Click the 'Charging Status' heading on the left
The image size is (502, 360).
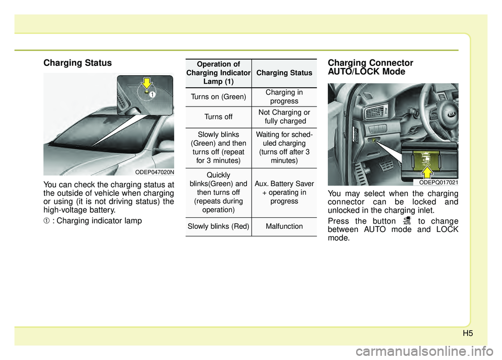coord(77,63)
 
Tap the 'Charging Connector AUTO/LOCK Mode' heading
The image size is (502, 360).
coord(370,67)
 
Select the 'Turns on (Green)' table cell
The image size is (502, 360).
coord(219,97)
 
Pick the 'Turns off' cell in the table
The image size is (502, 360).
coord(219,117)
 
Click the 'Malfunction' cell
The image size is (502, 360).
coord(284,226)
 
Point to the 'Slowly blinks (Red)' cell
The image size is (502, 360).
coord(219,226)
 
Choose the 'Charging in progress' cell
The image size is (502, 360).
coord(284,97)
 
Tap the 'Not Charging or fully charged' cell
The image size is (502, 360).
coord(284,117)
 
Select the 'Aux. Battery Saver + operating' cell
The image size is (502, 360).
coord(284,192)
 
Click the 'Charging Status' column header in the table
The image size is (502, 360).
coord(284,73)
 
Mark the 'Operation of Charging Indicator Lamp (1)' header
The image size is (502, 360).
coord(219,73)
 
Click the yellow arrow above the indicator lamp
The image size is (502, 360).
coord(146,83)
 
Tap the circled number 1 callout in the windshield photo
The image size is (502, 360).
coord(152,95)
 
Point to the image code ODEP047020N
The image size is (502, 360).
coord(154,172)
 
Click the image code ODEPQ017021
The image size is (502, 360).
coord(439,182)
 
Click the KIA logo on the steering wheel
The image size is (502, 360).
coord(451,114)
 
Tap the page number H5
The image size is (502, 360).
coord(467,333)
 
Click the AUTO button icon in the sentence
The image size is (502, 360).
coord(407,220)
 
